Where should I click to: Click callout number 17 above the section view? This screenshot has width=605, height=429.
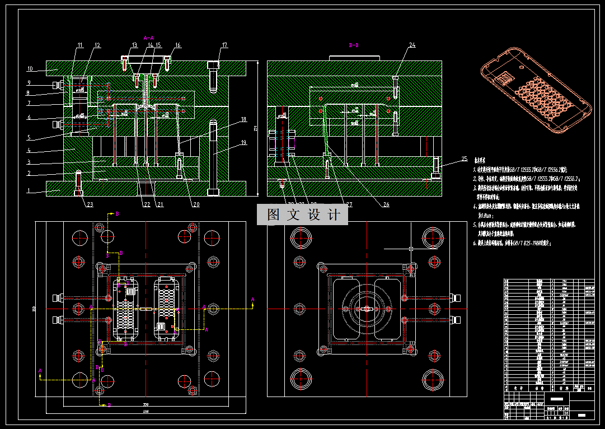tap(225, 45)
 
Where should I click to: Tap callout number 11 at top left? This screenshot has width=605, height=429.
tap(80, 45)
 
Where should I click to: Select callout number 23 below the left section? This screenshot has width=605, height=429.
tap(90, 204)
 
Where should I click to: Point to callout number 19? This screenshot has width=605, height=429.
tap(243, 143)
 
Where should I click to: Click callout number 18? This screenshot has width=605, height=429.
tap(243, 119)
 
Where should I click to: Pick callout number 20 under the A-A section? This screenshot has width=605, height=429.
tap(196, 204)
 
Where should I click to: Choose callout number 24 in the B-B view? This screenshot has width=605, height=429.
tap(412, 45)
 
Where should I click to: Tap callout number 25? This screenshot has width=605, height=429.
tap(464, 158)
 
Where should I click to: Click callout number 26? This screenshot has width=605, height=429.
tap(386, 204)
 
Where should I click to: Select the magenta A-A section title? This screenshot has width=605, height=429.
tap(149, 37)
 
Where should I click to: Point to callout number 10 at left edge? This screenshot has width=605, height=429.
tap(30, 69)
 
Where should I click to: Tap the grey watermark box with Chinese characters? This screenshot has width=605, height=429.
tap(302, 214)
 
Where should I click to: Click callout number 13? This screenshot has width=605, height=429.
tap(134, 45)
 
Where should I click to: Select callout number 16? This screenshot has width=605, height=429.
tap(177, 45)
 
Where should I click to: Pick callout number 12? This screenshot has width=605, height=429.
tap(97, 45)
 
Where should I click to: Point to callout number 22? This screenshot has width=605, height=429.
tap(147, 204)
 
